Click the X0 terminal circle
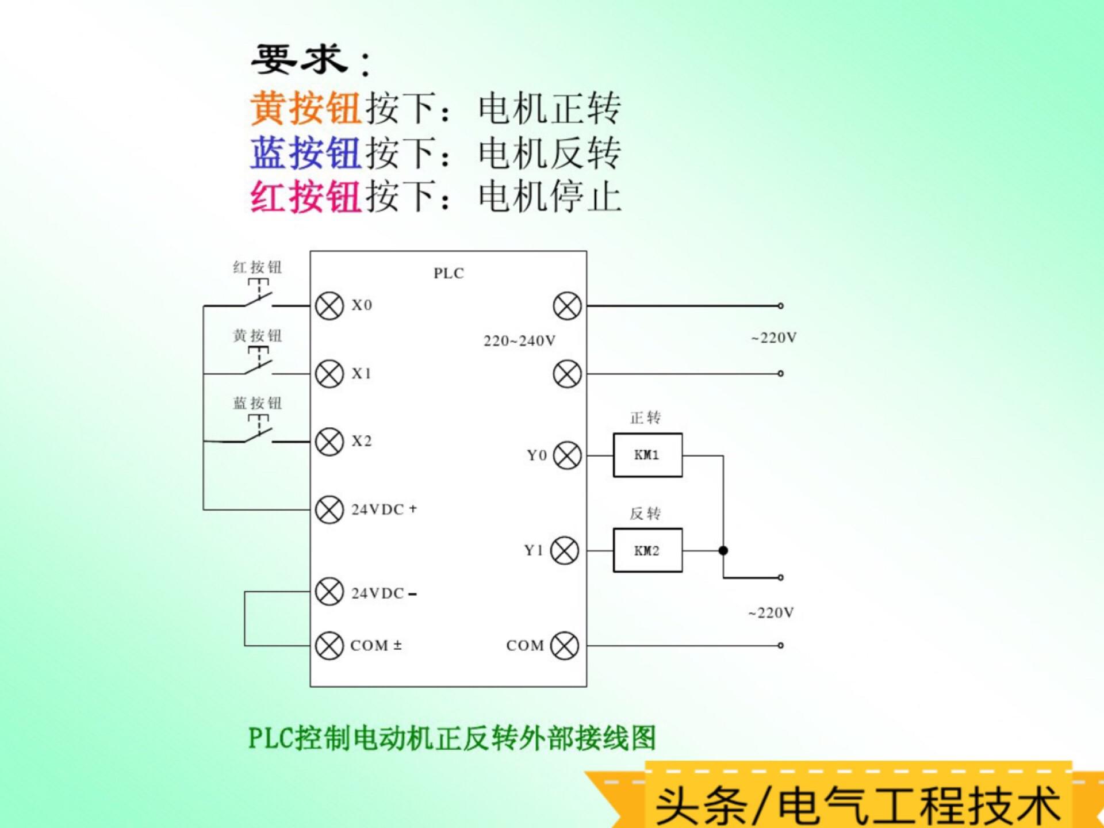[329, 306]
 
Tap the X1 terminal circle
[329, 374]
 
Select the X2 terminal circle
[329, 442]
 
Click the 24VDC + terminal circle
[329, 509]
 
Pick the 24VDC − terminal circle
[329, 592]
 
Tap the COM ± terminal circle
[329, 645]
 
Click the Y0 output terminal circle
[567, 455]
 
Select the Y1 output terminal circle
[565, 551]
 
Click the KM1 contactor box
[647, 455]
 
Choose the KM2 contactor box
[647, 551]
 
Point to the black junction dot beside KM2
[723, 551]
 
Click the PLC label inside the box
[448, 274]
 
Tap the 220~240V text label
[519, 341]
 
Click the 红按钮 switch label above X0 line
[257, 267]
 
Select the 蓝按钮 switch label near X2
[257, 403]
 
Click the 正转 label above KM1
[645, 418]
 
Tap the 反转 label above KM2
[645, 513]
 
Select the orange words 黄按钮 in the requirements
[305, 108]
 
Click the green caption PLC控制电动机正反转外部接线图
[452, 738]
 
